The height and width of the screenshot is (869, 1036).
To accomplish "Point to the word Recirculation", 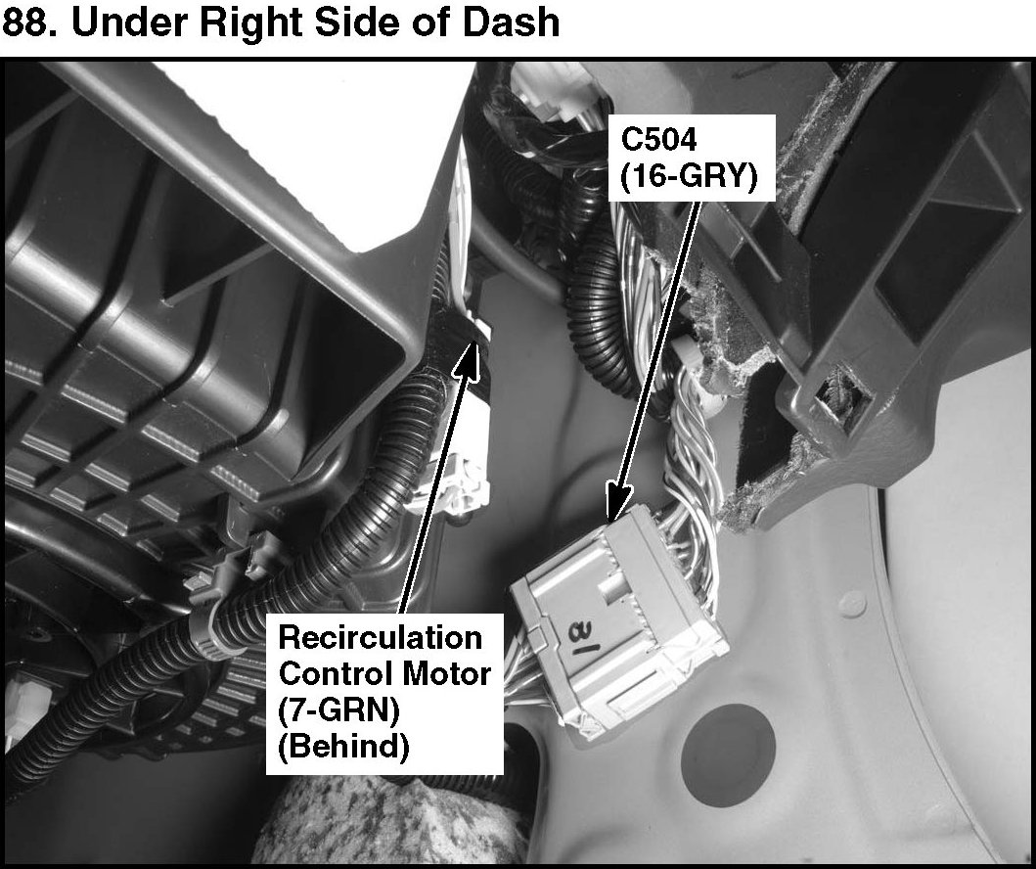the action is pos(381,639).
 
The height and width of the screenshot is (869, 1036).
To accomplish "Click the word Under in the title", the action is pos(122,21).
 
